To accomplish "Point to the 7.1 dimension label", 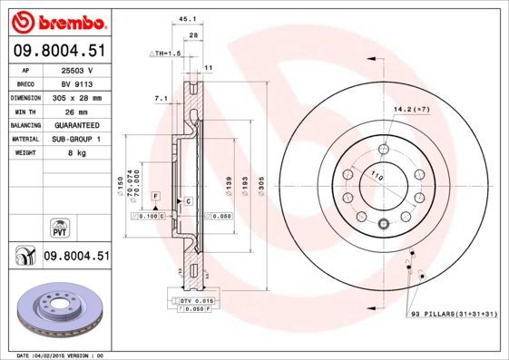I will (161, 97).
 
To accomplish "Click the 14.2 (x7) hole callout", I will (410, 110).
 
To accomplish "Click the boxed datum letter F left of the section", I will (155, 196).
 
